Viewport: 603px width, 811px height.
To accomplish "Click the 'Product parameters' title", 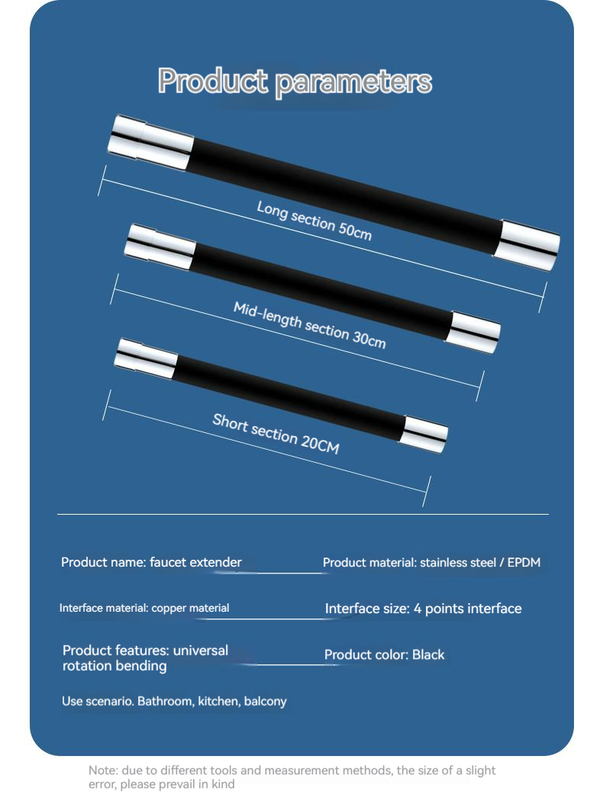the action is coord(295,81).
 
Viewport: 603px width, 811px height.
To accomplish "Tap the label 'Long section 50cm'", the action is coord(314,220).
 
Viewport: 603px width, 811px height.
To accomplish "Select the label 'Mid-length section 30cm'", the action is coord(309,325).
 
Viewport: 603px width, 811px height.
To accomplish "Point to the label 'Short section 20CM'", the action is coord(276,433).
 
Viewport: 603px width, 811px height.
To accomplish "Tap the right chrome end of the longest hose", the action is coord(529,244).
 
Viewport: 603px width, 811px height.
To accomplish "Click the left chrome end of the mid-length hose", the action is coord(160,246).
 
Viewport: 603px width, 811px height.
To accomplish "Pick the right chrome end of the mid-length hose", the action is coord(476,332).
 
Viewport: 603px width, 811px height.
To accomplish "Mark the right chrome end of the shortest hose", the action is coord(424,434).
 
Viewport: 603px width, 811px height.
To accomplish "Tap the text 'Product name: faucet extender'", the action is coord(151,563).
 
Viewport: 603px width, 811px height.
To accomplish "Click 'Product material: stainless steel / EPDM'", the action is coord(431,563).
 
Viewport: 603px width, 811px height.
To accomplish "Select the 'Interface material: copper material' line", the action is coord(144,609).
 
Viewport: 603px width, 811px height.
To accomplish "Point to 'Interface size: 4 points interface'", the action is coord(423,609).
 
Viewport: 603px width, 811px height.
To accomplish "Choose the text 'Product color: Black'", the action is coord(384,654).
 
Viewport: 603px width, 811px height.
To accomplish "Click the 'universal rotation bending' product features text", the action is coord(145,658).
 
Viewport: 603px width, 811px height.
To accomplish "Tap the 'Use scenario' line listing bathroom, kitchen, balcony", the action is coord(174,701).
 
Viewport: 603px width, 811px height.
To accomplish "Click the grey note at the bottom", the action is coord(292,777).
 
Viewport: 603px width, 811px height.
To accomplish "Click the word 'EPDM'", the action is coord(524,563).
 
